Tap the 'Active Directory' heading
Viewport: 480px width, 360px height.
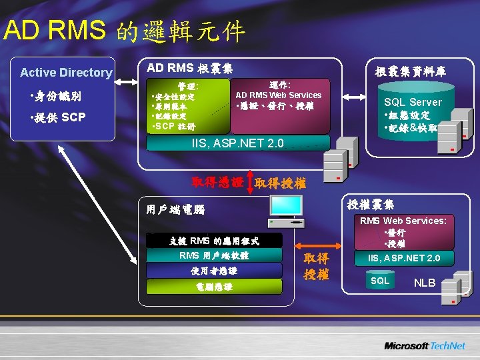tap(66, 73)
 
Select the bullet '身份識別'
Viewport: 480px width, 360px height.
tap(57, 97)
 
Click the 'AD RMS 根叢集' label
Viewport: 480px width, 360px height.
tap(189, 68)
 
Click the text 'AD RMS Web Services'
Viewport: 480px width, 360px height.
tap(278, 95)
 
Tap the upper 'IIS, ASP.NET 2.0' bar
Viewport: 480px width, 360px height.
tap(237, 143)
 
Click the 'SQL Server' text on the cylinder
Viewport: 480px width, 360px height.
tap(413, 102)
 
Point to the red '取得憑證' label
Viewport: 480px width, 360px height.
tap(217, 181)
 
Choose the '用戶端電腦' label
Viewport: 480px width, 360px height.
tap(175, 209)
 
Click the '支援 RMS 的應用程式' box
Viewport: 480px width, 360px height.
tap(214, 241)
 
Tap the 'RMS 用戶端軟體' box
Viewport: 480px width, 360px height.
tap(214, 255)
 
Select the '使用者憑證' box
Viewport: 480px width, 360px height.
tap(214, 271)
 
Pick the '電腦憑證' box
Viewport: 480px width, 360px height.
tap(214, 287)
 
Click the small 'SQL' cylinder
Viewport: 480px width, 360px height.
tap(380, 281)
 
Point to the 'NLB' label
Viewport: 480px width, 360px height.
tap(425, 283)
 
